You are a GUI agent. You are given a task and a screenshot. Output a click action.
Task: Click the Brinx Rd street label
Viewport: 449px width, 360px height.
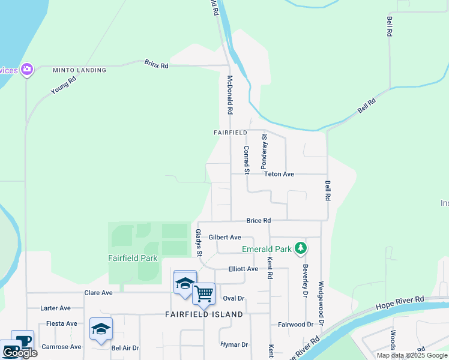156,63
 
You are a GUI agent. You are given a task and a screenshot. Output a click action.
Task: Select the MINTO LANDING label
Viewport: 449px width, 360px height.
79,70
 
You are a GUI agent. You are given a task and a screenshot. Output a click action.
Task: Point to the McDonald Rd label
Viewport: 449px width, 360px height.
229,95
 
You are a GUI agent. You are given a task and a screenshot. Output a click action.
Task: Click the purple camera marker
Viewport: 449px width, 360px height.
26,70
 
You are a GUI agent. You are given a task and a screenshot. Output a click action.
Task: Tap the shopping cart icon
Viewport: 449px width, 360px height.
204,293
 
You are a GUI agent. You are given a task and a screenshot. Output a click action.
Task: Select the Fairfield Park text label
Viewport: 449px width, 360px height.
133,259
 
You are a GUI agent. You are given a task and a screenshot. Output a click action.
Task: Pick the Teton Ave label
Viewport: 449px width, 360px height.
279,174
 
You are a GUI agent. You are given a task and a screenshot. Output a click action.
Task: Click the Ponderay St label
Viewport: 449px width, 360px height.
263,151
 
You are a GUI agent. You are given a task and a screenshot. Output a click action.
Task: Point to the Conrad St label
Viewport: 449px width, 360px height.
246,159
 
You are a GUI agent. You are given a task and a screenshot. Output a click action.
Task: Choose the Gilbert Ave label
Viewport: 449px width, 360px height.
224,237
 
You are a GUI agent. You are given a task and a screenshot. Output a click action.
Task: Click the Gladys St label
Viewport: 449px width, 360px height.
199,243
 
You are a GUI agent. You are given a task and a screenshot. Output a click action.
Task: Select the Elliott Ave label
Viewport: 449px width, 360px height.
243,269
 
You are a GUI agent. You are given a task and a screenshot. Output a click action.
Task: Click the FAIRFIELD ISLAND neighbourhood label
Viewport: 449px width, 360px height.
204,314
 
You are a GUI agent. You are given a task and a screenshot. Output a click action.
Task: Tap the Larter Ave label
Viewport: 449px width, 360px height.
55,308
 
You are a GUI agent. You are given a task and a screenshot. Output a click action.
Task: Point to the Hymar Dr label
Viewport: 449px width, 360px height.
234,345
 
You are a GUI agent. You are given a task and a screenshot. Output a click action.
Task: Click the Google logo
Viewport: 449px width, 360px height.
19,353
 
